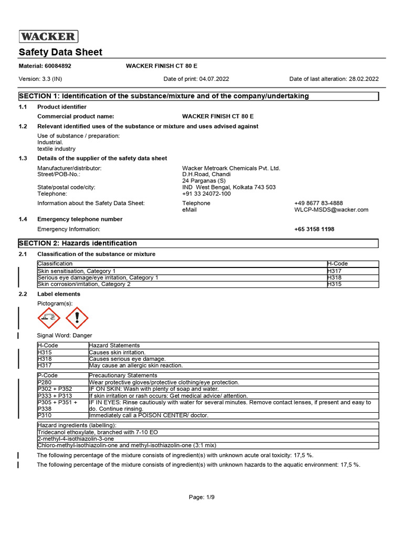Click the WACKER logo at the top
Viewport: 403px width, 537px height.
(48, 36)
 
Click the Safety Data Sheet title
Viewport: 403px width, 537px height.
(61, 52)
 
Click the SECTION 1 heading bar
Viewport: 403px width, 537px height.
(198, 96)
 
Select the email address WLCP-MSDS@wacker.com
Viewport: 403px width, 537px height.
(331, 209)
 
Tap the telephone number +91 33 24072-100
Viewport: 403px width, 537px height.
(206, 194)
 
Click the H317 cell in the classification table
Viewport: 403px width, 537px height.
(337, 271)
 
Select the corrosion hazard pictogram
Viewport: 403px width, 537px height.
(49, 318)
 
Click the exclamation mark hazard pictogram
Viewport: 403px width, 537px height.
(77, 318)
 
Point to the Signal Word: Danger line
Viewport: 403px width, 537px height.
(65, 335)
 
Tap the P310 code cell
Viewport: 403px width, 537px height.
(45, 415)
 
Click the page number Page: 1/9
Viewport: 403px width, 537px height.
(201, 497)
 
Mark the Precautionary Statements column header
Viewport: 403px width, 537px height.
(123, 375)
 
